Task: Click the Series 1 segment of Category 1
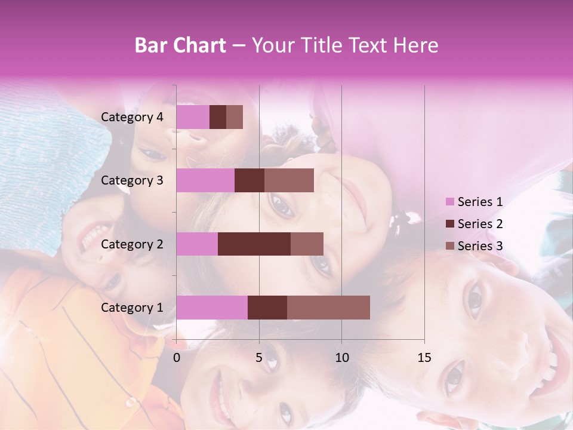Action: [212, 308]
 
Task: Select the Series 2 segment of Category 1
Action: [267, 308]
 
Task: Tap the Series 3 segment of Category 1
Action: [328, 308]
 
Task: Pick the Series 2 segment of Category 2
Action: [254, 244]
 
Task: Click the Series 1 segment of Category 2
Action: [197, 244]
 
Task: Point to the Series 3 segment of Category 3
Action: [289, 180]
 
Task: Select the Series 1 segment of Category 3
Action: [205, 180]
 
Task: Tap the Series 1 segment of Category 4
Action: [193, 117]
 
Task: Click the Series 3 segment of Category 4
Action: [235, 117]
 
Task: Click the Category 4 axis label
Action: [132, 117]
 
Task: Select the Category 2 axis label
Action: [132, 244]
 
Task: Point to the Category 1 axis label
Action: [132, 308]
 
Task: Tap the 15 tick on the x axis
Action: [424, 358]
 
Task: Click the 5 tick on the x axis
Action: [259, 358]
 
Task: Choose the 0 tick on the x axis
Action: [177, 358]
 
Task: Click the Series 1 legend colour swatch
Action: [449, 202]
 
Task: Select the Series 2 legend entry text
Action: [480, 224]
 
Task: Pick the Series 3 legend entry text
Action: [480, 246]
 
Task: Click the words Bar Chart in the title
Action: [180, 45]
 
